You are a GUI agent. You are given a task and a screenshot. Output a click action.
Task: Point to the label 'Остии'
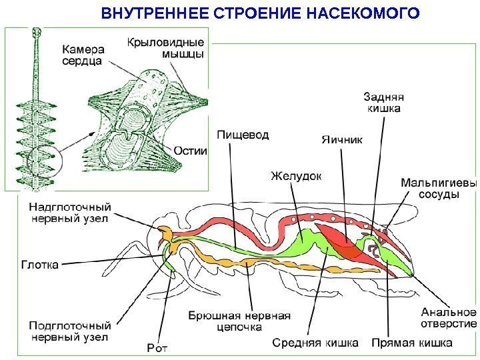point(191,150)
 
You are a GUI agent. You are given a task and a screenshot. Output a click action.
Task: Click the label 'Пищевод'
point(243,135)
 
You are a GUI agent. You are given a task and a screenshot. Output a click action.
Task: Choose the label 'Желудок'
point(295,176)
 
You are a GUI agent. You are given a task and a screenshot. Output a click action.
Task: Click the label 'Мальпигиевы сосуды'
point(438,188)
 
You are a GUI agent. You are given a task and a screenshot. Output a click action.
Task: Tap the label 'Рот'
point(158,347)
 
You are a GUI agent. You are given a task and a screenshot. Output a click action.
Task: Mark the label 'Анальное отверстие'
point(448,317)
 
